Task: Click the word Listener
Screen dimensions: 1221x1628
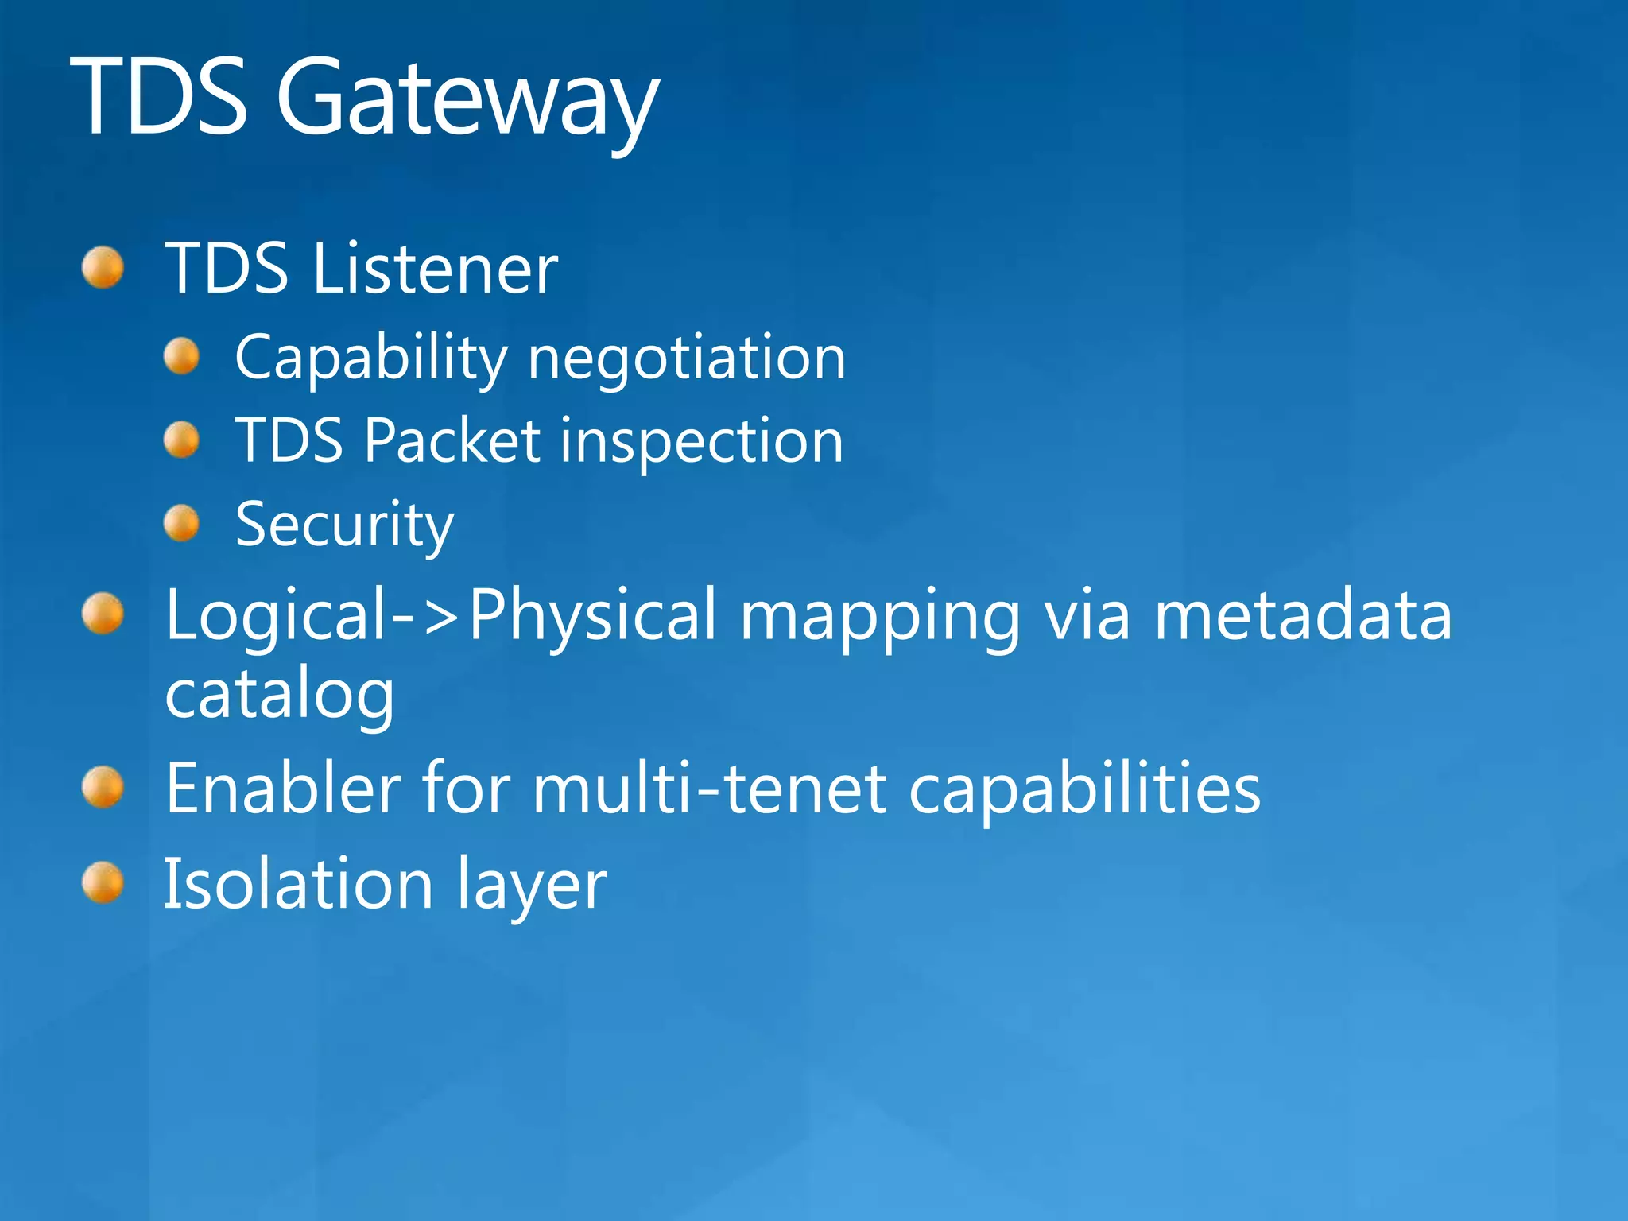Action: point(435,269)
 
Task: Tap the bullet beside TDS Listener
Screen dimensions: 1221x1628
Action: point(103,267)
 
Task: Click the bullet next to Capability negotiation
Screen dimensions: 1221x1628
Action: point(182,356)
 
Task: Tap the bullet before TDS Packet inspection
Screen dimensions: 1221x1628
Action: point(182,440)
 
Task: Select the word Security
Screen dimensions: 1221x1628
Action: point(345,525)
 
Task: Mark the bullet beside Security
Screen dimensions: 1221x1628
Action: point(182,523)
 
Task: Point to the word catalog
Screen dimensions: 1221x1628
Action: point(279,694)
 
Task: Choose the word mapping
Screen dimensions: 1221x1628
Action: point(880,617)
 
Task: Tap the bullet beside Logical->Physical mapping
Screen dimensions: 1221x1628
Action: point(103,614)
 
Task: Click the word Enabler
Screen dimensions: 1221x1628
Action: point(283,788)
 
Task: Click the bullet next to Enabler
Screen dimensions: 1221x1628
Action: point(103,787)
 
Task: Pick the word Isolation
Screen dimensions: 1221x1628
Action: point(299,884)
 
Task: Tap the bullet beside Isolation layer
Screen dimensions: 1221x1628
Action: point(103,882)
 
